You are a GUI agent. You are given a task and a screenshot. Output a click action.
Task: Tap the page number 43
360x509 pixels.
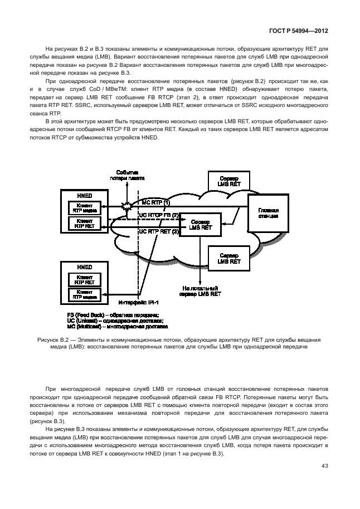pos(325,466)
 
